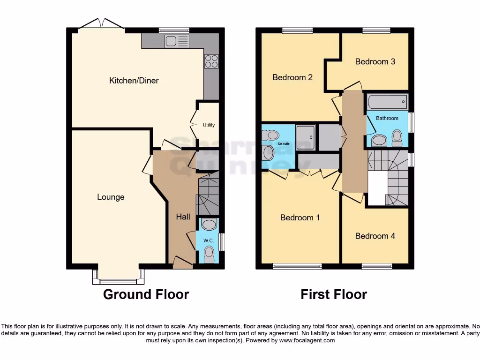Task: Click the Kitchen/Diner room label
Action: point(134,81)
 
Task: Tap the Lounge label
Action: point(111,197)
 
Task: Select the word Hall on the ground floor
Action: point(183,217)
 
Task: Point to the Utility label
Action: point(209,125)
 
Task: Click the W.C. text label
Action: point(209,240)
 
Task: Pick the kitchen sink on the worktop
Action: point(176,41)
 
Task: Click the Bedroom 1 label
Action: point(300,217)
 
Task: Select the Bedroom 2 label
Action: point(292,77)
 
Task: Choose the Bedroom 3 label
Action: point(375,61)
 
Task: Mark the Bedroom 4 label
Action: point(375,236)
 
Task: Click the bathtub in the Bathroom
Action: point(387,101)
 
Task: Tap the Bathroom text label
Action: point(387,118)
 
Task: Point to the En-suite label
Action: point(284,144)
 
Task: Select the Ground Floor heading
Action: point(146,294)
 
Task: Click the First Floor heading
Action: point(334,294)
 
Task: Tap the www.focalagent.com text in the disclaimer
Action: point(307,340)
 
